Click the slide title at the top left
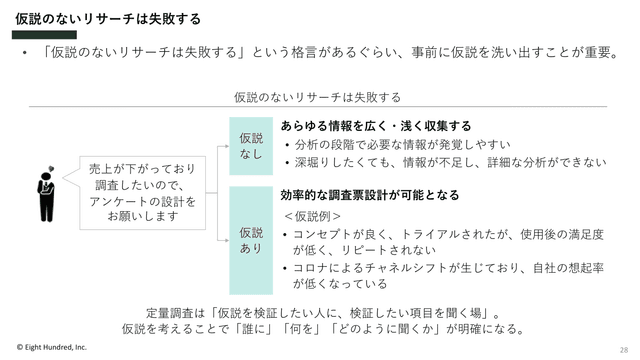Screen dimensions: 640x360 [108, 19]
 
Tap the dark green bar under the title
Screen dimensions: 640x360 [44, 35]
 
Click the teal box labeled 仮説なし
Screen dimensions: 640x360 [251, 146]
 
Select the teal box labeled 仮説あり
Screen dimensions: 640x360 [251, 240]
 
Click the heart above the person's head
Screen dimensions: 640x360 [51, 168]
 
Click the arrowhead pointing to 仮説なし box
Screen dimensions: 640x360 [227, 146]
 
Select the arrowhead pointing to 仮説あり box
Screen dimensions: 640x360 [227, 240]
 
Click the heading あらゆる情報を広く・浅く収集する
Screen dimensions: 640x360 [376, 126]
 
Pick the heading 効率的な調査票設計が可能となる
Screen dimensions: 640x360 [370, 195]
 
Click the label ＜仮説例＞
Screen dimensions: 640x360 [312, 216]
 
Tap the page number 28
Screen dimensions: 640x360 [624, 350]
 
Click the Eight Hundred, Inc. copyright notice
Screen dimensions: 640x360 [52, 347]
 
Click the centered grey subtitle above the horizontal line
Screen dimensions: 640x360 [318, 97]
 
